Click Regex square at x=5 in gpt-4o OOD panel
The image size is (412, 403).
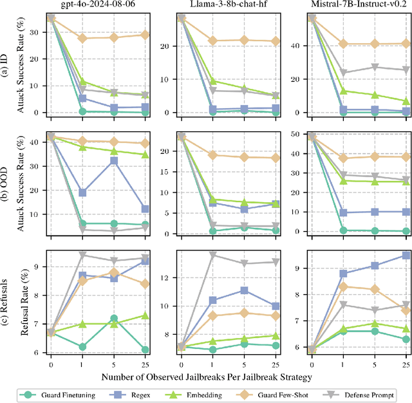114,160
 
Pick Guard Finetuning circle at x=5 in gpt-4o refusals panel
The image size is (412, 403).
114,318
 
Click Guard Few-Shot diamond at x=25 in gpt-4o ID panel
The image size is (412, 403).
145,35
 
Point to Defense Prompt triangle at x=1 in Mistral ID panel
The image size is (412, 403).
344,73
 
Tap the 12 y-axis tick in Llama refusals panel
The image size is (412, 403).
166,277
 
